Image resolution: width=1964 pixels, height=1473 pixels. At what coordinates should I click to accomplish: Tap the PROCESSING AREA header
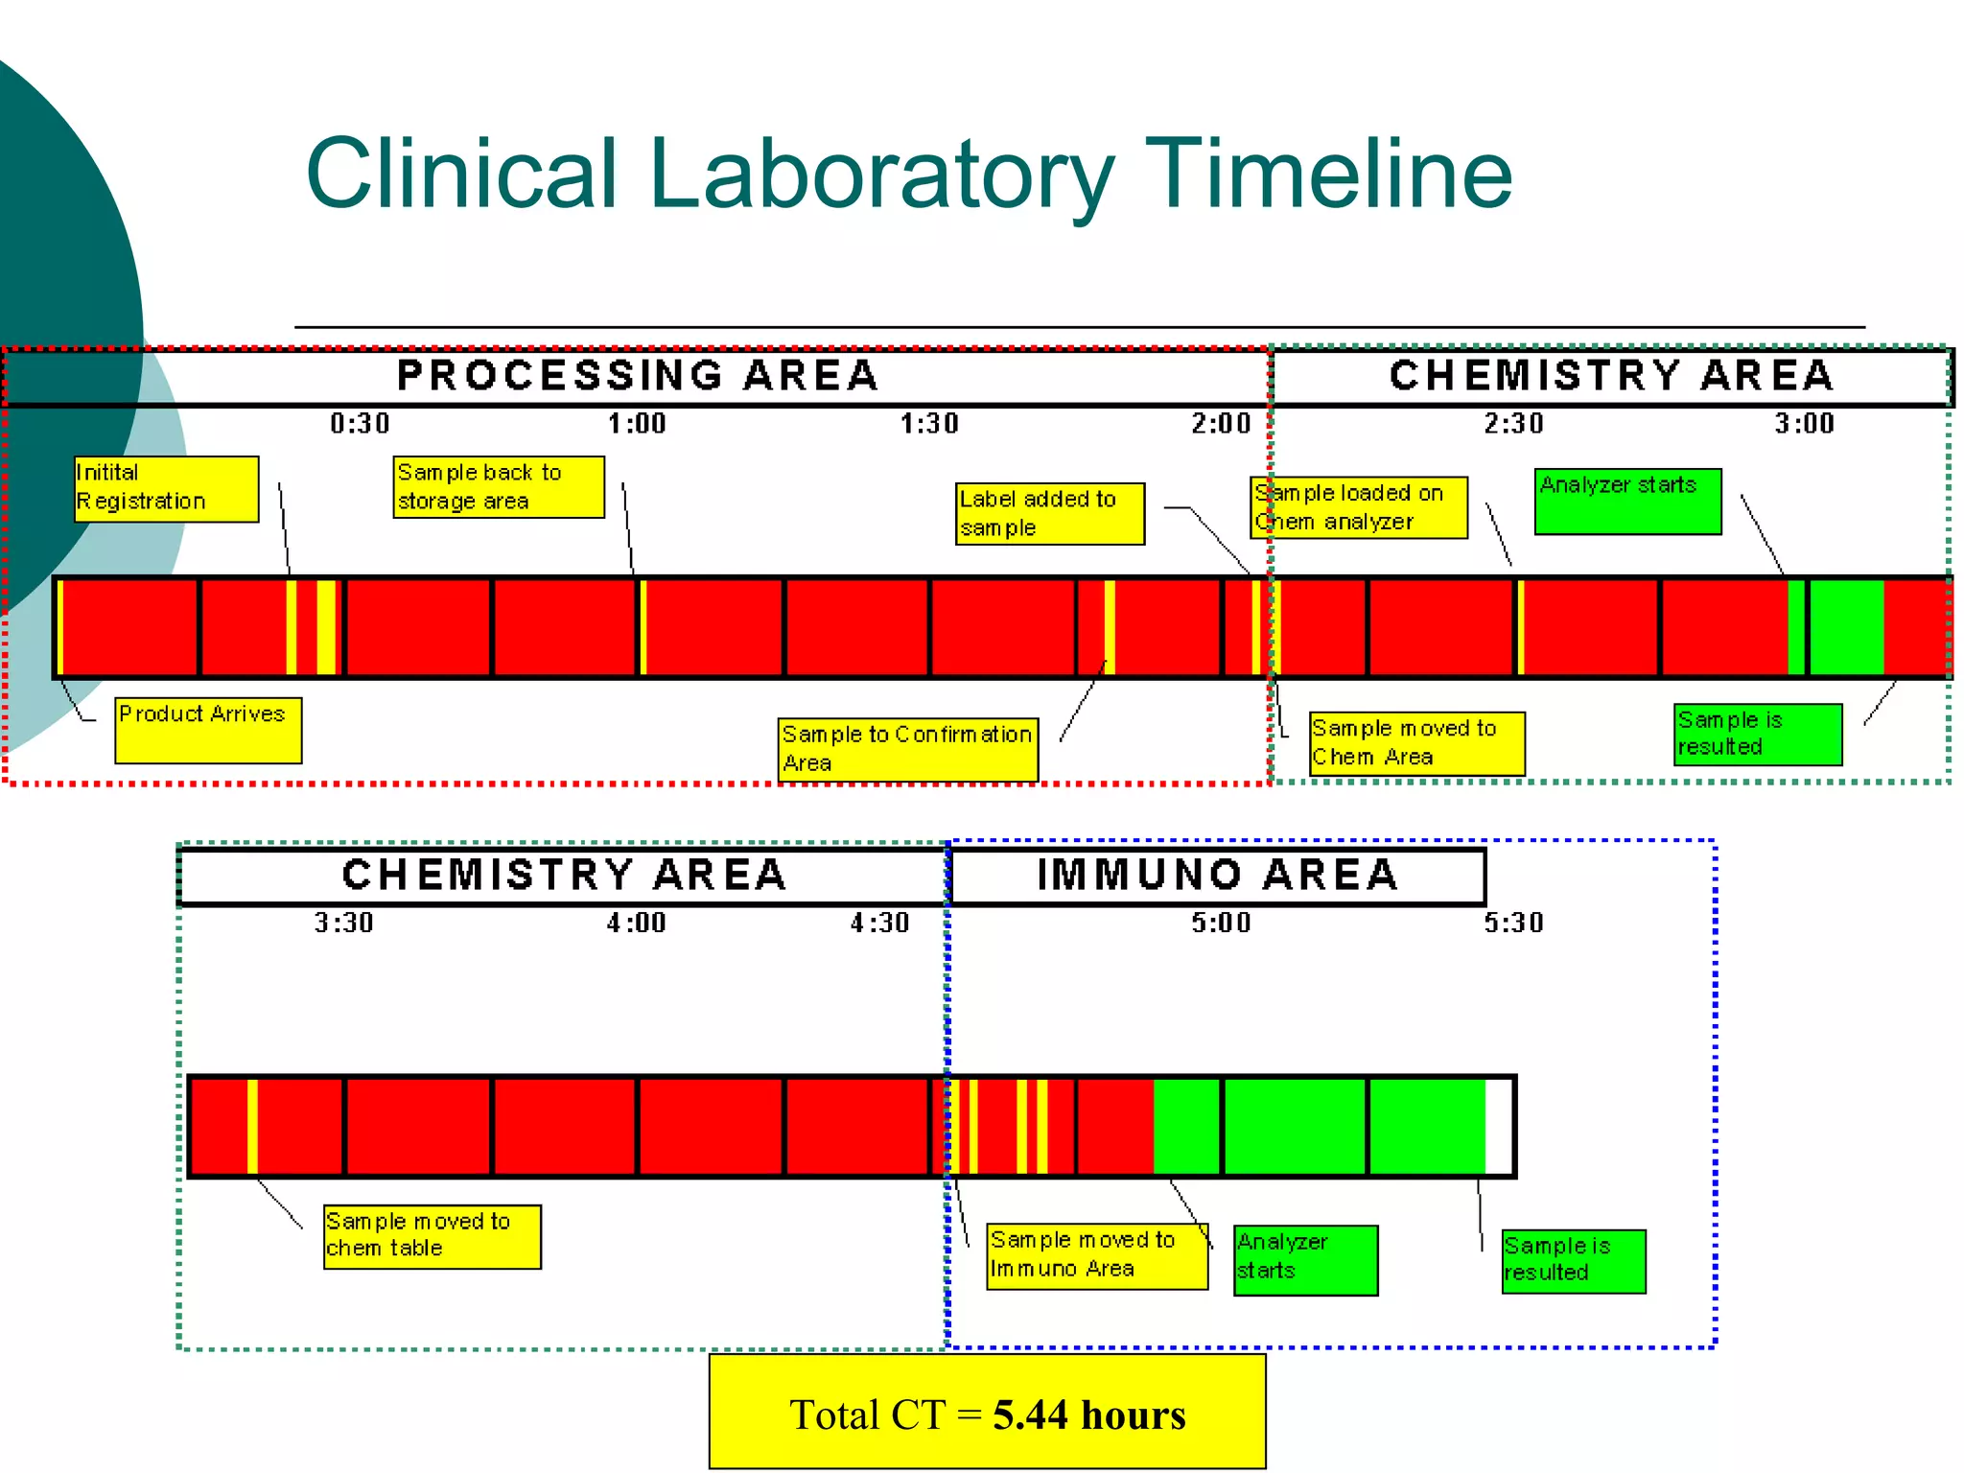coord(638,376)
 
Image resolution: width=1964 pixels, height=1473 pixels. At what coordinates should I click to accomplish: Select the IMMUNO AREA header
coord(1217,876)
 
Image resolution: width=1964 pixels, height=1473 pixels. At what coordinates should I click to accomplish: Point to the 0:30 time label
coord(360,423)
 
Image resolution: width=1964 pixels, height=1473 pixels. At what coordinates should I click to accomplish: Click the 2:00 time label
coord(1221,423)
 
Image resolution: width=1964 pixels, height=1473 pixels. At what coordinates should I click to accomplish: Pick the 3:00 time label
coord(1804,423)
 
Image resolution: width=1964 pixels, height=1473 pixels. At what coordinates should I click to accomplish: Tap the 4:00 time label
coord(636,923)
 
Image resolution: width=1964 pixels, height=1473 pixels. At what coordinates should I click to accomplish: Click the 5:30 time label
coord(1513,923)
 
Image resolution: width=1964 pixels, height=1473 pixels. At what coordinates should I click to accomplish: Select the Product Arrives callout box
coord(208,730)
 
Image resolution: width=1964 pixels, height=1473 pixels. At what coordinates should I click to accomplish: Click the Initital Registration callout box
coord(167,488)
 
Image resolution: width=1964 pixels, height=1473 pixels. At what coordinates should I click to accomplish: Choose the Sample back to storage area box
coord(499,487)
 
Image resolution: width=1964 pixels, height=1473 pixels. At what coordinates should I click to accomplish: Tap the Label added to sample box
coord(1050,514)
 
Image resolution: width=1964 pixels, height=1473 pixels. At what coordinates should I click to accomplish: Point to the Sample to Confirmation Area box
coord(907,750)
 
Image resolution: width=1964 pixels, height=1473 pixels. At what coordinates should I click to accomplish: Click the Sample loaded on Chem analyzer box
coord(1359,507)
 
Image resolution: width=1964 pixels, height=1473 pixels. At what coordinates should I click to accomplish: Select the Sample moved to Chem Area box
coord(1416,743)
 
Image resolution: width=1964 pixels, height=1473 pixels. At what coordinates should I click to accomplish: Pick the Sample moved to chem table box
coord(433,1236)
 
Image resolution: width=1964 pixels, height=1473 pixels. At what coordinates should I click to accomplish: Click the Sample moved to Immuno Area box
coord(1097,1255)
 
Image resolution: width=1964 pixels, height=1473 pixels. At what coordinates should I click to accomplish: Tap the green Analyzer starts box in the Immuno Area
coord(1305,1259)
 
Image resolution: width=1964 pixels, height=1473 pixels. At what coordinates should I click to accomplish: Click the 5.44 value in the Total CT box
coord(1030,1415)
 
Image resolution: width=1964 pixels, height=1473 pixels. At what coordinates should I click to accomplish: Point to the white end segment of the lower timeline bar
coord(1498,1126)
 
